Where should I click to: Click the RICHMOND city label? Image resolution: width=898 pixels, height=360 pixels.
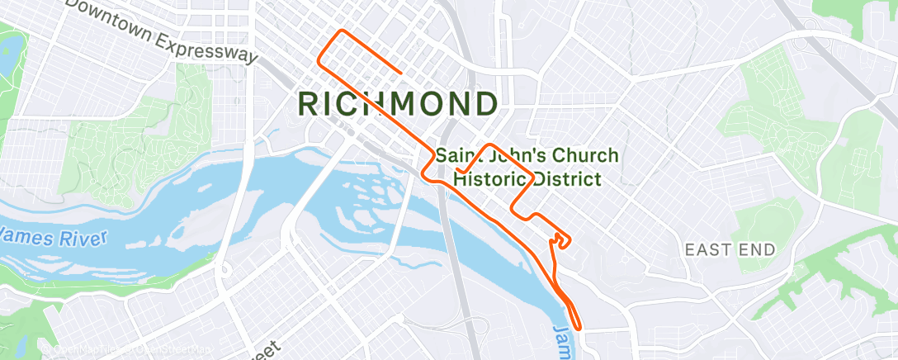397,104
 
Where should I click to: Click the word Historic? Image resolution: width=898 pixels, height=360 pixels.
492,178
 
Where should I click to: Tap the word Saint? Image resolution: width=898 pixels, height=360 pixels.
460,155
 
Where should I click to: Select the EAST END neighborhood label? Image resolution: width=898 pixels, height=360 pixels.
730,249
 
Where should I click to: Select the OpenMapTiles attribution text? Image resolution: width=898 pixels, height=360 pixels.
83,350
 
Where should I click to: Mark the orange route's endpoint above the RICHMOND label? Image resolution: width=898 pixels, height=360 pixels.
401,73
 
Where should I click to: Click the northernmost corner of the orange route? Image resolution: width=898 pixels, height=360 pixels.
341,32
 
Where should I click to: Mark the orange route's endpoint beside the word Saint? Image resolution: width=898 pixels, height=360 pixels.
456,171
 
